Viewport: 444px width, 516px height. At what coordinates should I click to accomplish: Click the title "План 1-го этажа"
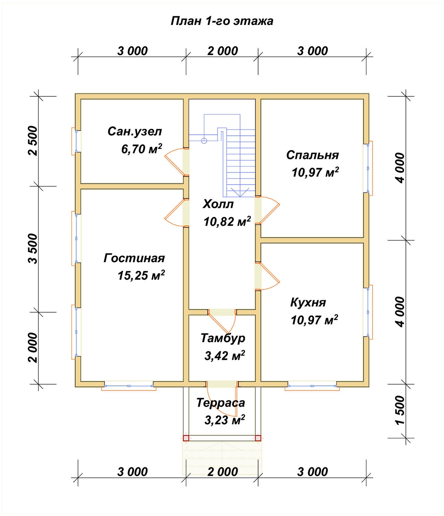coord(222,21)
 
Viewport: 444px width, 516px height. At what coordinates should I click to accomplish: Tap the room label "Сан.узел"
coord(135,132)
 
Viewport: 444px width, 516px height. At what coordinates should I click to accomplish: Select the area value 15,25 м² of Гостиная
coord(141,275)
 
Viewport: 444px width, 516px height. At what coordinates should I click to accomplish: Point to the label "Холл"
coord(218,204)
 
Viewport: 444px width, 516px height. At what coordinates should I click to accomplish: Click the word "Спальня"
coord(313,155)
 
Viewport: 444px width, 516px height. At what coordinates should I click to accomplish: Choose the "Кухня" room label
coord(308,302)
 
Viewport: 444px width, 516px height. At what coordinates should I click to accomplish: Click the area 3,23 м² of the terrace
coord(224,420)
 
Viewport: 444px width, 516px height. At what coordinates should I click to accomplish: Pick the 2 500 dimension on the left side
coord(33,141)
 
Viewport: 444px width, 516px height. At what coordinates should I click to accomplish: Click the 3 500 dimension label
coord(33,249)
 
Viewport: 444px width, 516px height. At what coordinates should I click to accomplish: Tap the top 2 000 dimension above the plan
coord(222,51)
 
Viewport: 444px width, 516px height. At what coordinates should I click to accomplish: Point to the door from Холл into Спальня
coord(267,210)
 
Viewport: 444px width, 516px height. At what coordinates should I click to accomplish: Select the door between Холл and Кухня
coord(267,276)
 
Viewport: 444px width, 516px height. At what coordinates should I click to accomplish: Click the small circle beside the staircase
coord(204,141)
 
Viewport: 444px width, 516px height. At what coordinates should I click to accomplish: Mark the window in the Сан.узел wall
coord(76,141)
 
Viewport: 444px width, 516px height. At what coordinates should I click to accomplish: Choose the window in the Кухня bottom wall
coord(312,386)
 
